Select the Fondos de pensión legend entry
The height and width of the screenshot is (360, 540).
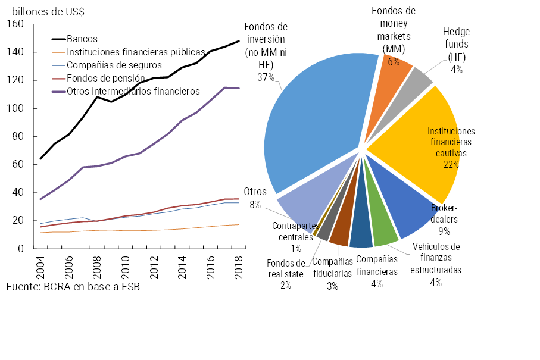(105, 78)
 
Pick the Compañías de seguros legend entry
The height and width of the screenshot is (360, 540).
(110, 65)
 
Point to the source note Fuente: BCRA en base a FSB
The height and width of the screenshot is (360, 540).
(77, 287)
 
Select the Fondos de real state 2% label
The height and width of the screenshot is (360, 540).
(286, 274)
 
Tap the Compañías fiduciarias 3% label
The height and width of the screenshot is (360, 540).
(332, 273)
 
